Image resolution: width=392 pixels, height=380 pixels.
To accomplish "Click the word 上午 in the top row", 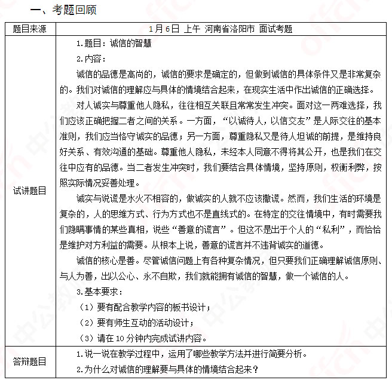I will tap(192, 28).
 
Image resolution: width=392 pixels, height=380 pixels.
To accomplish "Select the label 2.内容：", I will tap(91, 59).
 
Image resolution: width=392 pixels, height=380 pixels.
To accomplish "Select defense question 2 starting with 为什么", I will tap(167, 369).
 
